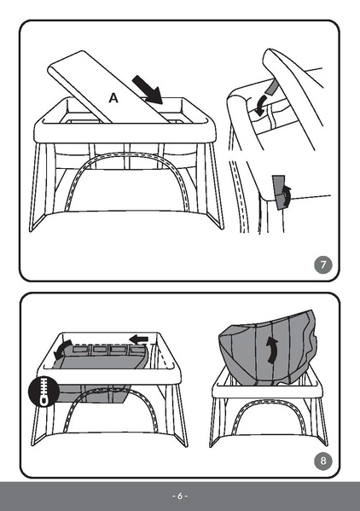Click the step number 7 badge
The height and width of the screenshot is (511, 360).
point(323,264)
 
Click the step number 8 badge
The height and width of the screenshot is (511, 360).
point(322,462)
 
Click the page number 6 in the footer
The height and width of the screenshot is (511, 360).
point(179,496)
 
